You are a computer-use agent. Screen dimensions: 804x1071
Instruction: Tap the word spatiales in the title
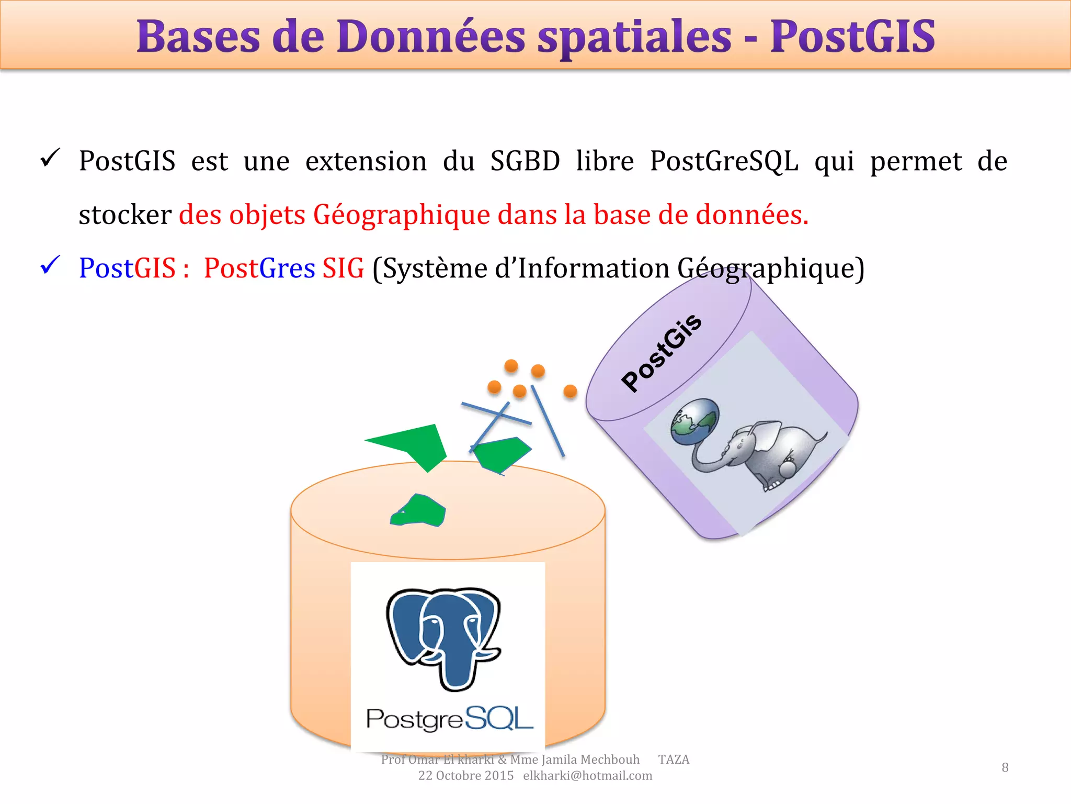point(634,38)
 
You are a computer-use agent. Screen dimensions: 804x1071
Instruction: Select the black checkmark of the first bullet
point(51,158)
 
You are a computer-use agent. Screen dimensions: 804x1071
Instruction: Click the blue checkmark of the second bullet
point(51,265)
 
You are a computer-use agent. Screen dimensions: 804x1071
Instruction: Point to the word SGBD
point(525,161)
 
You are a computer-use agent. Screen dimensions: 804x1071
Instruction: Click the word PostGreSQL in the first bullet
point(724,161)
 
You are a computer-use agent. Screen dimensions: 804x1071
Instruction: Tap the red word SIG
point(343,269)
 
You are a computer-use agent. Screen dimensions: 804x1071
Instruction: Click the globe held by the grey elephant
point(695,421)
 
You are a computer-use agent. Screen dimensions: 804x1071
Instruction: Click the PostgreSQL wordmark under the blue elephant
point(449,719)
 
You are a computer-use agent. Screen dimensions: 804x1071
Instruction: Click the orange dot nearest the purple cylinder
point(570,391)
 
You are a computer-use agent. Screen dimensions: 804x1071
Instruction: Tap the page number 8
point(1005,767)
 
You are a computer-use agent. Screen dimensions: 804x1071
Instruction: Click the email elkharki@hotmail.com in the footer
point(587,776)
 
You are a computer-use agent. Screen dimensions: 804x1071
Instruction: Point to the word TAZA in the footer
point(674,760)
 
